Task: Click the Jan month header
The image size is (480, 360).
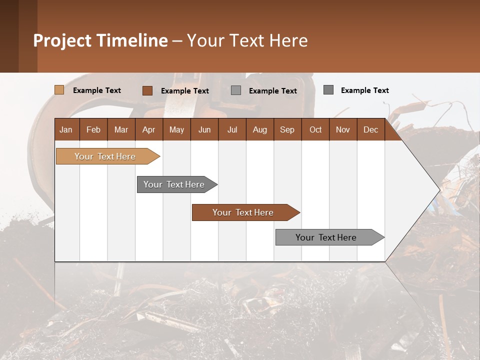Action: tap(66, 129)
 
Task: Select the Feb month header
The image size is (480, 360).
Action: tap(93, 129)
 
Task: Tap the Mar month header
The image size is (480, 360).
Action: tap(121, 129)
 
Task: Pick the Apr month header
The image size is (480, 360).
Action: tap(148, 129)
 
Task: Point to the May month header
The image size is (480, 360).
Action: tap(176, 129)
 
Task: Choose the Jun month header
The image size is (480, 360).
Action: tap(204, 129)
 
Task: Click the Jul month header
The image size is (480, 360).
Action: tap(232, 129)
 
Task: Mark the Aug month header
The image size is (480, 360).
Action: tap(259, 129)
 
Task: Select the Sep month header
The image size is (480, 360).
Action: tap(287, 129)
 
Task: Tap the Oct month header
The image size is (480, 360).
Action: tap(315, 129)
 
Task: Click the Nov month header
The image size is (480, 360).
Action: tap(343, 129)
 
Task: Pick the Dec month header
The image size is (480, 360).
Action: tap(370, 129)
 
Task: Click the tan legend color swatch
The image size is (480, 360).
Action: tap(59, 90)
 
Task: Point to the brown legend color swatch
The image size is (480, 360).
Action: tap(147, 90)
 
